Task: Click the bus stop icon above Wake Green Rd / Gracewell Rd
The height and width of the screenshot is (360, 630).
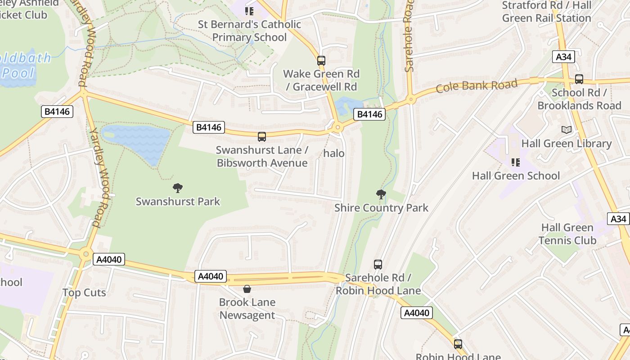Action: click(321, 60)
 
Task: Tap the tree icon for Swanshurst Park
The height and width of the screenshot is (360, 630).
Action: click(178, 188)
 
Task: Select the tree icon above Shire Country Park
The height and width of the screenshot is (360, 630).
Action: click(381, 194)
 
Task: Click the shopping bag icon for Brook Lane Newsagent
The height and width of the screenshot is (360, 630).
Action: click(247, 288)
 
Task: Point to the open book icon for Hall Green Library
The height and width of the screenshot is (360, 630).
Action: click(567, 130)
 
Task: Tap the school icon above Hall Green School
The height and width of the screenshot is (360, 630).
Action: click(515, 162)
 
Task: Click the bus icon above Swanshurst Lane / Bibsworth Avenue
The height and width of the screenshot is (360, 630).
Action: click(261, 136)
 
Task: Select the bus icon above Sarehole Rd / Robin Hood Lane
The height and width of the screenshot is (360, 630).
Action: click(378, 264)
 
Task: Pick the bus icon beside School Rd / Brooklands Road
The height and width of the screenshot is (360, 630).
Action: click(579, 79)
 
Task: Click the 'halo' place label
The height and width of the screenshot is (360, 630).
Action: click(334, 153)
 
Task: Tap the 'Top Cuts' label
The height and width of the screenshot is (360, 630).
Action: click(84, 292)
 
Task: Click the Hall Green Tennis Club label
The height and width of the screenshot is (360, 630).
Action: click(567, 234)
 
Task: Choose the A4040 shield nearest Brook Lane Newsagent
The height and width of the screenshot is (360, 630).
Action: click(211, 276)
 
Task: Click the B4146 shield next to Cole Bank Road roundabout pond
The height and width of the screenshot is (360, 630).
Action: click(369, 114)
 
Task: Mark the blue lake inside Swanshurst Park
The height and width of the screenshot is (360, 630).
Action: click(135, 142)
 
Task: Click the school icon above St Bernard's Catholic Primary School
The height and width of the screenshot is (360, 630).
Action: click(249, 11)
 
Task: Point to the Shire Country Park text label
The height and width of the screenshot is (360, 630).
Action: click(381, 208)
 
